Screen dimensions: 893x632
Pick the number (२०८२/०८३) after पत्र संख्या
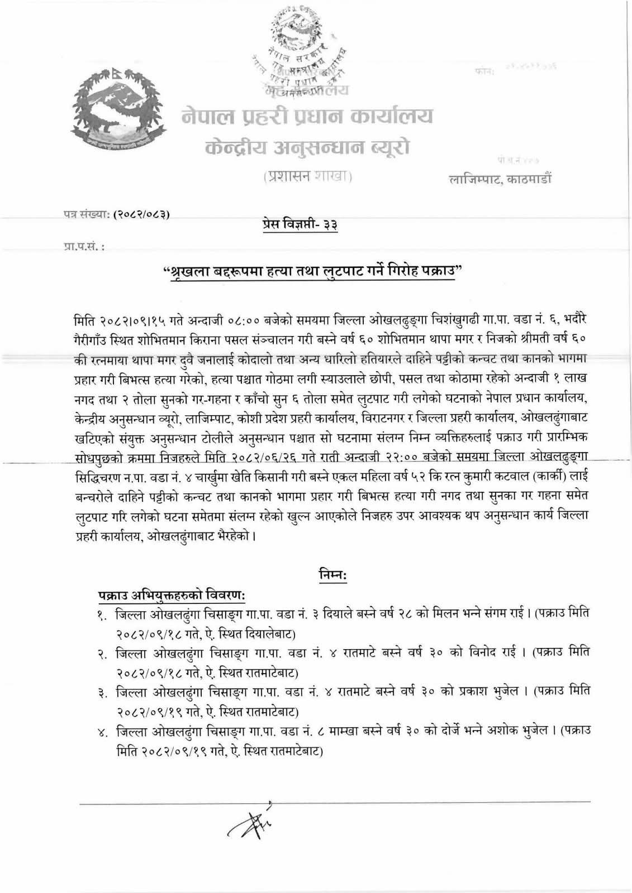point(142,214)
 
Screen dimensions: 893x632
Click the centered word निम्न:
point(332,574)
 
